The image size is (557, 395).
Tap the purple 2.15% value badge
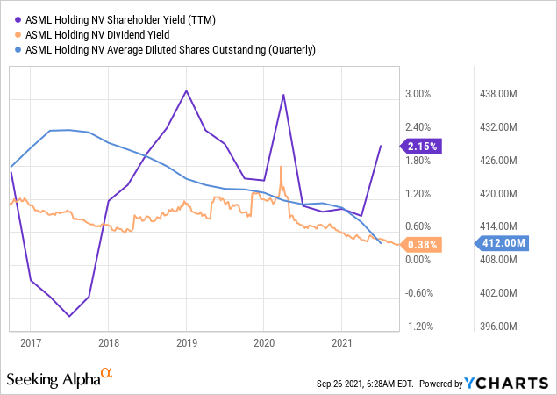pyautogui.click(x=418, y=146)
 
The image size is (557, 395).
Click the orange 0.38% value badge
pyautogui.click(x=418, y=245)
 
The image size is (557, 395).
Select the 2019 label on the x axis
pyautogui.click(x=186, y=341)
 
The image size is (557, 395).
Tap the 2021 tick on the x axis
pyautogui.click(x=342, y=341)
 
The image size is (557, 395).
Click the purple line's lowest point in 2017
pyautogui.click(x=69, y=316)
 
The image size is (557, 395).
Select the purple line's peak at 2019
pyautogui.click(x=186, y=90)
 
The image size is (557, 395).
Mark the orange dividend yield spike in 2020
pyautogui.click(x=281, y=167)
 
